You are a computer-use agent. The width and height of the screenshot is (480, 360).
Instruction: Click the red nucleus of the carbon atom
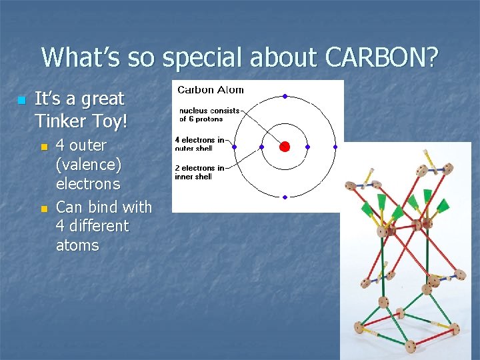(x=285, y=147)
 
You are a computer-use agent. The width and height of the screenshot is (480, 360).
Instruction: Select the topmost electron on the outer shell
(x=285, y=97)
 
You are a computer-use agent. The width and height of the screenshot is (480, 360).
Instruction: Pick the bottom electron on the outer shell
(x=285, y=197)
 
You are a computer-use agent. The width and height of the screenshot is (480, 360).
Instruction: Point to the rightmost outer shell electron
(x=335, y=147)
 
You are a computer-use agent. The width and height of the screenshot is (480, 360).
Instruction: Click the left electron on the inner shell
(x=261, y=147)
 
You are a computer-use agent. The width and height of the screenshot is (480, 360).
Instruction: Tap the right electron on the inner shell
(x=308, y=147)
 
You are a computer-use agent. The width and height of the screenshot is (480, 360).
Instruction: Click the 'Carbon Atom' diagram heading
(x=210, y=90)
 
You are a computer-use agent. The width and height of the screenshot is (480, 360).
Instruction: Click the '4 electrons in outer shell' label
(x=199, y=144)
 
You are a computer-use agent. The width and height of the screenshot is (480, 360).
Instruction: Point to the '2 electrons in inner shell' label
(x=199, y=172)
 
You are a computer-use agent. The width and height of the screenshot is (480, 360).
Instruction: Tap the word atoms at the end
(x=77, y=245)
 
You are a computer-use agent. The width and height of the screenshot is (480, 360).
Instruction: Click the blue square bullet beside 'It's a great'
(x=21, y=100)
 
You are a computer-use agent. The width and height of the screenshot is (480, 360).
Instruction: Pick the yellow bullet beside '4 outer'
(x=45, y=146)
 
